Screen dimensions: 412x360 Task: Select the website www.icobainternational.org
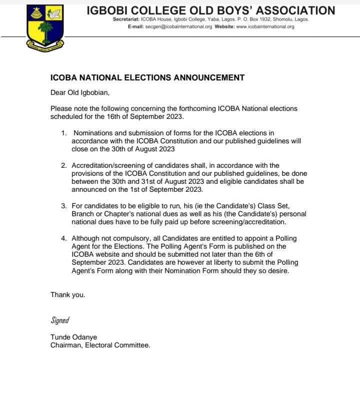tap(264, 26)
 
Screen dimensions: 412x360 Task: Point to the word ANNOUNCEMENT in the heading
tap(205, 77)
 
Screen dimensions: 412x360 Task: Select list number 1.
tap(63, 133)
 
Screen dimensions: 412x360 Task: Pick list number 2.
tap(63, 165)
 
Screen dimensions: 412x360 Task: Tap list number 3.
tap(63, 205)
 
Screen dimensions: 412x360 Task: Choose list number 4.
tap(63, 239)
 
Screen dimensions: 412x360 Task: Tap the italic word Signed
tap(60, 320)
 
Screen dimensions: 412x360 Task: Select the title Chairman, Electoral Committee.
tap(100, 345)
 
